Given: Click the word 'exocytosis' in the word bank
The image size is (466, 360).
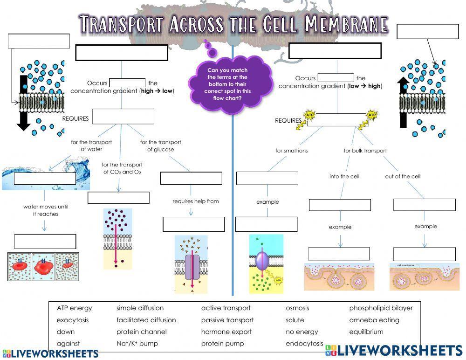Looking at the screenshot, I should tap(73, 320).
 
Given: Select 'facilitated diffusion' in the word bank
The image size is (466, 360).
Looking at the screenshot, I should tap(146, 320).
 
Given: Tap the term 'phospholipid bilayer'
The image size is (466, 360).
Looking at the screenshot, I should tap(381, 308).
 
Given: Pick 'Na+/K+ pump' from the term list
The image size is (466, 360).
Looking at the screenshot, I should tap(137, 344).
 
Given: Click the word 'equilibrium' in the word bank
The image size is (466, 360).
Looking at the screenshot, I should tap(366, 332).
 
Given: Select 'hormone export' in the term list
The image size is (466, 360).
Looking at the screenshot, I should tap(226, 332).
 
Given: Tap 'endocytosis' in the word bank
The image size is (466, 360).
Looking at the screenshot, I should tap(304, 344).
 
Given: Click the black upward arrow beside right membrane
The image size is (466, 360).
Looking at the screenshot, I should tap(404, 103).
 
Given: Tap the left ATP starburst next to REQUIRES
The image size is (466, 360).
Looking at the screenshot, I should tap(309, 114).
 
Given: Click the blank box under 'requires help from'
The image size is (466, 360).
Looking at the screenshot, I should tap(193, 224).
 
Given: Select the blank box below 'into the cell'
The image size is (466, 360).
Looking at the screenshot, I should tap(340, 205).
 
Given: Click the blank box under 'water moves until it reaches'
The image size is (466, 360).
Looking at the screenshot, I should tap(45, 242).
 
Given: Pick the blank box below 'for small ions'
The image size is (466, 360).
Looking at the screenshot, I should tap(267, 178).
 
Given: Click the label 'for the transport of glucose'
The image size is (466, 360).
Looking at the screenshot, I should tap(161, 145).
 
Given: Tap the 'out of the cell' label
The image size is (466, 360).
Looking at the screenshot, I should tap(403, 176).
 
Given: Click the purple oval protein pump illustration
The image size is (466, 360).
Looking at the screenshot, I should tap(261, 260).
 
